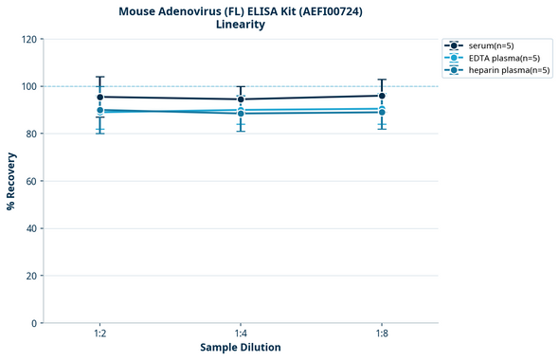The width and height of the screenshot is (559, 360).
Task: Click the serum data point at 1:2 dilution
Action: (x=99, y=97)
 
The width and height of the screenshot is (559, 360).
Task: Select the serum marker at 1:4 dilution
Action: (x=241, y=99)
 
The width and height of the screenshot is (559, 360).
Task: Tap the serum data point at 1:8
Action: (x=382, y=96)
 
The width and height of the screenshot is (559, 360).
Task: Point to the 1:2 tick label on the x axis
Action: (x=99, y=334)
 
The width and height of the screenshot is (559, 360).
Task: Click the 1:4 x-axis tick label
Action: (x=241, y=334)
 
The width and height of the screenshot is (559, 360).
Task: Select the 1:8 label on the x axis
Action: (x=382, y=334)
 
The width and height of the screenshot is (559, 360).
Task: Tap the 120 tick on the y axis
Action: (x=28, y=39)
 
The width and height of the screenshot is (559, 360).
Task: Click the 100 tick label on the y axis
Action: (x=28, y=86)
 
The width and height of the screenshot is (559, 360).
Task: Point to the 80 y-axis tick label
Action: (x=31, y=134)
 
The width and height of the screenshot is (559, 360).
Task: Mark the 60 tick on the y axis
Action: (x=31, y=181)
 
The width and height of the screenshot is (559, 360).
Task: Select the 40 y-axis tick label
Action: (x=31, y=228)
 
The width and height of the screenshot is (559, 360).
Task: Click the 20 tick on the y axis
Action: (x=31, y=276)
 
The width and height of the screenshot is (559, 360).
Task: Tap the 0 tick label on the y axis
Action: (x=34, y=323)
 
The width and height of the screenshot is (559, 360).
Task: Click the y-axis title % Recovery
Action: (x=11, y=181)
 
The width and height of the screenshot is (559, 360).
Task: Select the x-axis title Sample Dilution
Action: (x=241, y=348)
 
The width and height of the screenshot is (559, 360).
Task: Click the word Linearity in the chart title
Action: (x=241, y=25)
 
